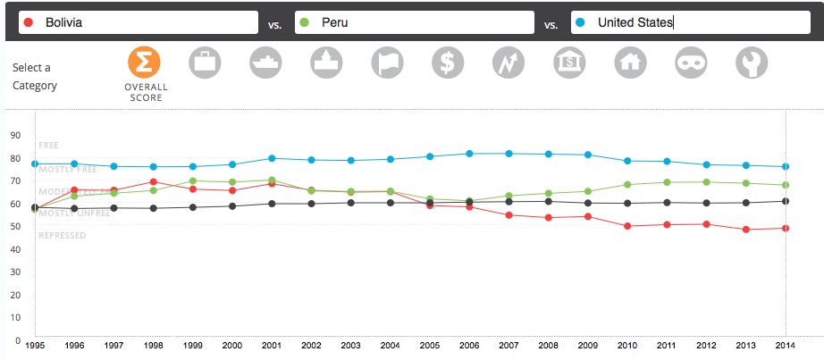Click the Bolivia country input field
134,23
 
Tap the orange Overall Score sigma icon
145,62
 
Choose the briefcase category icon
205,62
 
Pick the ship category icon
265,62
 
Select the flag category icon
387,62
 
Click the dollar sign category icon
448,62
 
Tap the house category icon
630,62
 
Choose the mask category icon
691,62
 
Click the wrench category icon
752,62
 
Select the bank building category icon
569,62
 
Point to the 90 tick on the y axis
14,136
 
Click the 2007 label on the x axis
509,345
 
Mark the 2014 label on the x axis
785,345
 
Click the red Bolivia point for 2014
785,228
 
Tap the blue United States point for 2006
469,154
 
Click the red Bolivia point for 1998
154,182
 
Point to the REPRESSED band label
63,236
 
